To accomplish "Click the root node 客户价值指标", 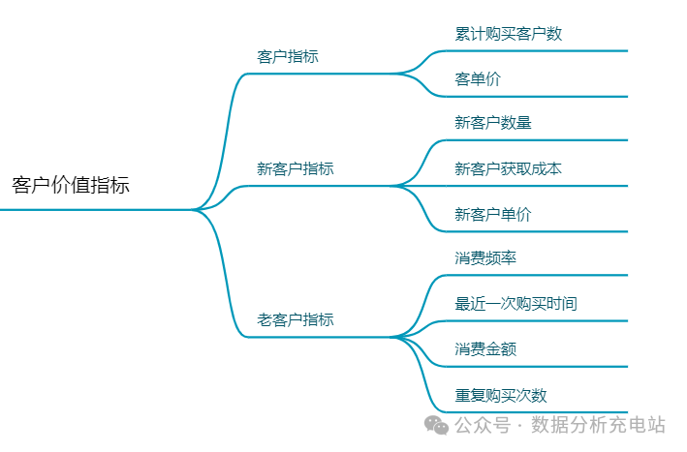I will pyautogui.click(x=71, y=186).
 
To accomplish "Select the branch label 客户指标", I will pyautogui.click(x=288, y=56).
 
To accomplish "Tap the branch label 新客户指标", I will pyautogui.click(x=296, y=168).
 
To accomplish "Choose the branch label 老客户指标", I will pyautogui.click(x=296, y=319).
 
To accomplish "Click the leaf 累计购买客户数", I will pyautogui.click(x=509, y=34).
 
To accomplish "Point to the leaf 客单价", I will pyautogui.click(x=478, y=79).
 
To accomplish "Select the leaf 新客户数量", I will pyautogui.click(x=493, y=123).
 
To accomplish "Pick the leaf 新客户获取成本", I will pyautogui.click(x=509, y=168).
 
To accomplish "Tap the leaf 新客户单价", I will pyautogui.click(x=493, y=214).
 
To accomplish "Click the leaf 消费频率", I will pyautogui.click(x=485, y=258).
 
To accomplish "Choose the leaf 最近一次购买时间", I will pyautogui.click(x=516, y=304).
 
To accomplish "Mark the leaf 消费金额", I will pyautogui.click(x=485, y=349).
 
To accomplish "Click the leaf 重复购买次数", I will pyautogui.click(x=501, y=395).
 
